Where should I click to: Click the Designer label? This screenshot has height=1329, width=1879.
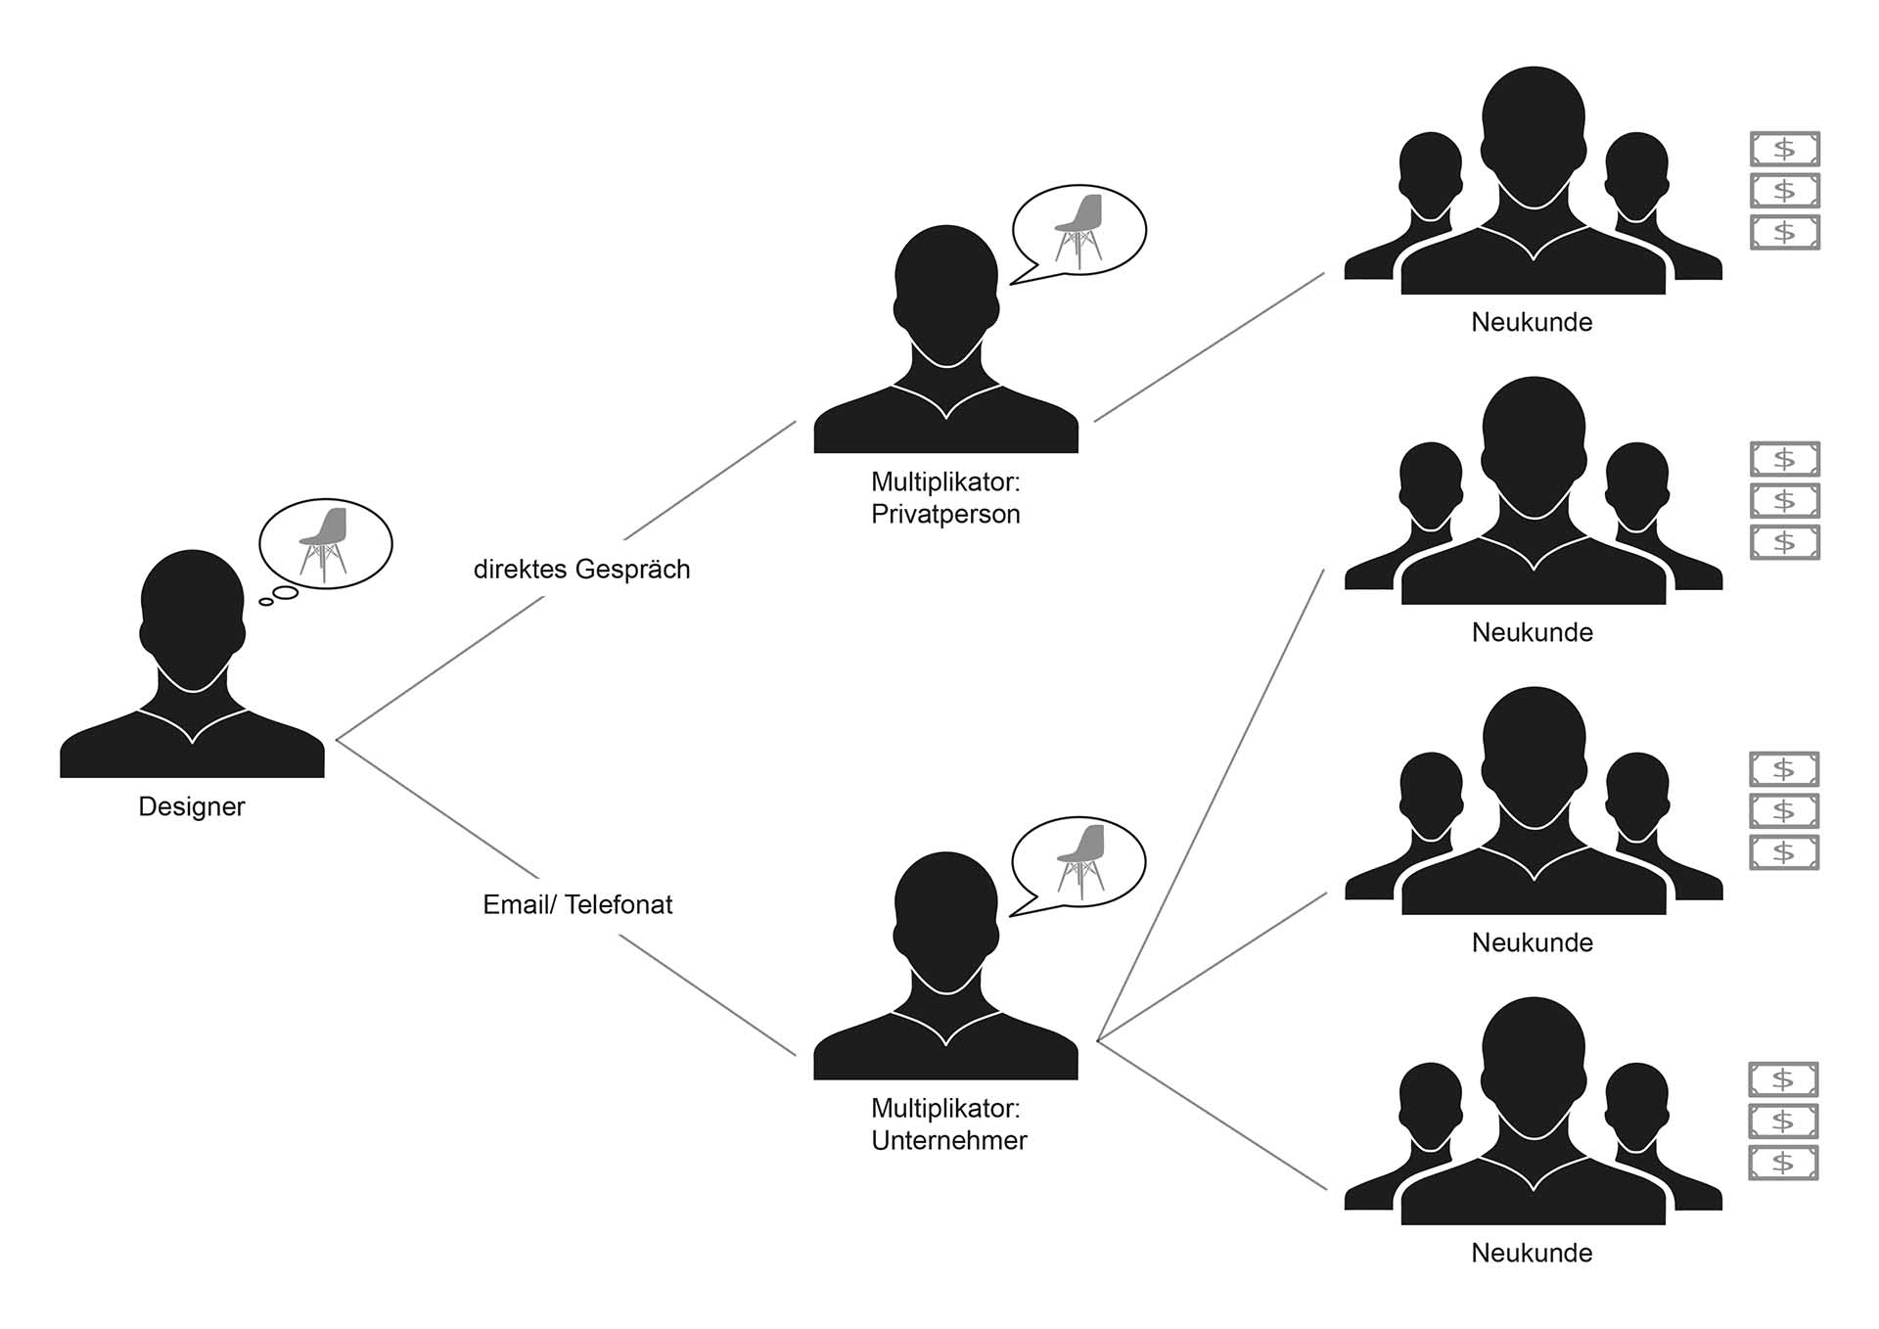coord(191,806)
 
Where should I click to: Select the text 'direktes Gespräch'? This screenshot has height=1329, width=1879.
coord(581,570)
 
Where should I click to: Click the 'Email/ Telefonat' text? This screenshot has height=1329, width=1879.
coord(577,904)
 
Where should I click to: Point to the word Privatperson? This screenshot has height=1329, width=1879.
coord(945,515)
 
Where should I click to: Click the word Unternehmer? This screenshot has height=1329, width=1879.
coord(948,1141)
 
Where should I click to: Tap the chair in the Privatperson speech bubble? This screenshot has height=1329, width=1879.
coord(1078,229)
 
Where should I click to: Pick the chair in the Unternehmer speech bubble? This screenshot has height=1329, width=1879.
coord(1080,859)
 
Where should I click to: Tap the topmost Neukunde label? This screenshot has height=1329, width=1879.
coord(1532,322)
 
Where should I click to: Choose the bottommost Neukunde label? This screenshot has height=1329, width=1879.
coord(1532,1253)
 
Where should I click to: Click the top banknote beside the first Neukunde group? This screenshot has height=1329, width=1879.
coord(1784,149)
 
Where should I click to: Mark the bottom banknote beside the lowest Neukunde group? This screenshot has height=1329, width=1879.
coord(1783,1163)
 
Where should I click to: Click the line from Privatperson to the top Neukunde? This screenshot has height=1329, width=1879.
coord(1209,347)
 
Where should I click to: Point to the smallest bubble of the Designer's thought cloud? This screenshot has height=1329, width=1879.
coord(266,602)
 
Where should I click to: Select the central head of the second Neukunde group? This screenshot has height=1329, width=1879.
coord(1534,440)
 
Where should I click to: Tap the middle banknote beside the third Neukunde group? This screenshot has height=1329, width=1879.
coord(1783,810)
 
